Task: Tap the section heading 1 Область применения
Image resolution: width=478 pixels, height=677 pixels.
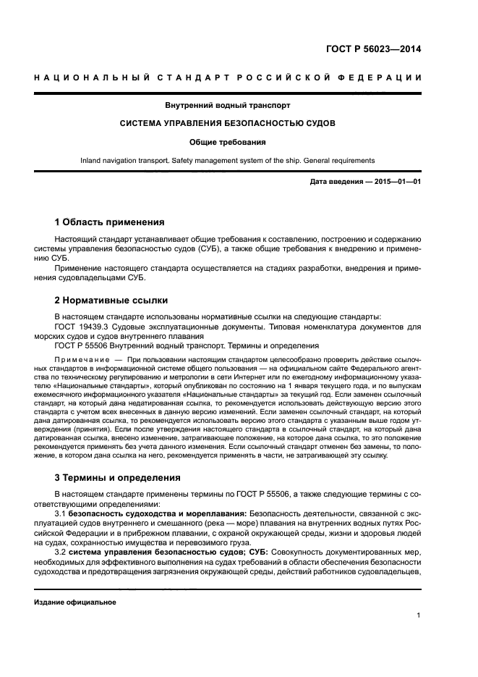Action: tap(110, 222)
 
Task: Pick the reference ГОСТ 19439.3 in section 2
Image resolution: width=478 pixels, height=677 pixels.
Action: tap(80, 327)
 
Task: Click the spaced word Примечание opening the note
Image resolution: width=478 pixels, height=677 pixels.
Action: tap(83, 359)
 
